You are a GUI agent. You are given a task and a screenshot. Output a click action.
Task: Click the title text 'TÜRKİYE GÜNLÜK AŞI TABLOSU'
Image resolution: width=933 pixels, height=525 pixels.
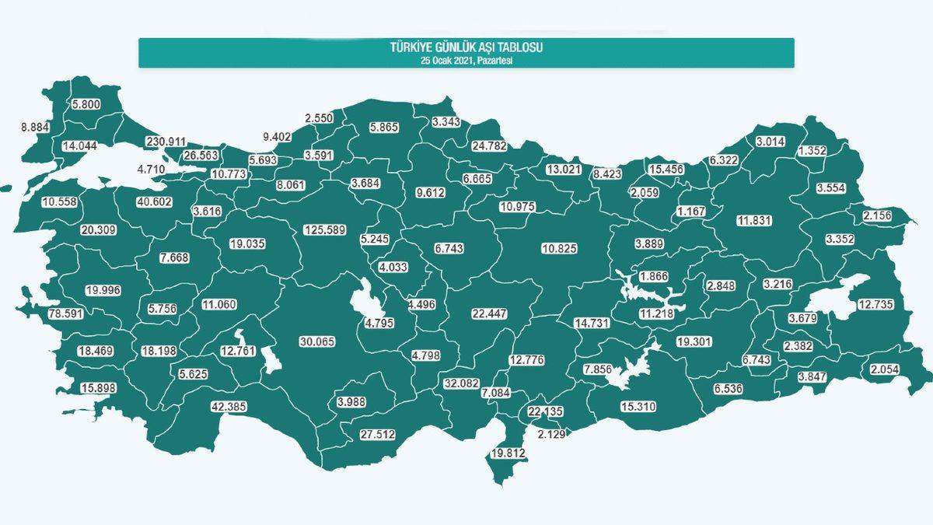[x=466, y=48]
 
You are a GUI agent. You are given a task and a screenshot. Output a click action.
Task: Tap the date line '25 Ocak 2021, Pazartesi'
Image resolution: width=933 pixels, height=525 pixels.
[x=466, y=60]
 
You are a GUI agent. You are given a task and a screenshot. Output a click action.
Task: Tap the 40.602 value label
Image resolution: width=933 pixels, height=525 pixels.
[x=153, y=201]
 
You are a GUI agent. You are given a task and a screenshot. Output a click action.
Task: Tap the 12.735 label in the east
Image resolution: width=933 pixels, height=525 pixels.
[x=875, y=303]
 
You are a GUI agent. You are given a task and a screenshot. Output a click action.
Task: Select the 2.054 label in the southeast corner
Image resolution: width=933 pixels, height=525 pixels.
[x=886, y=369]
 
